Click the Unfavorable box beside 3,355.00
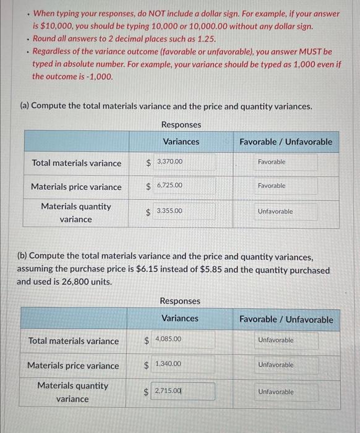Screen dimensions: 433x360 coord(276,212)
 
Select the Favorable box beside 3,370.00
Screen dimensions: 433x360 coord(276,162)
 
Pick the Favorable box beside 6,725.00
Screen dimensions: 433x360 coord(276,186)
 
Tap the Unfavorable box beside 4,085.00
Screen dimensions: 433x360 coord(276,340)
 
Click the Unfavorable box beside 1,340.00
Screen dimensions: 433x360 coord(276,365)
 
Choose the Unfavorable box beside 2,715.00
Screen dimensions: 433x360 coord(276,392)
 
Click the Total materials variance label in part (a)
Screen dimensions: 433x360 coord(77,163)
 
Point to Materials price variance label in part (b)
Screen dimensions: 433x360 coord(73,366)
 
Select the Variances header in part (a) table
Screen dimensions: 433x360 coord(181,142)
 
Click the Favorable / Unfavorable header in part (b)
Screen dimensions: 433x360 coord(286,320)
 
